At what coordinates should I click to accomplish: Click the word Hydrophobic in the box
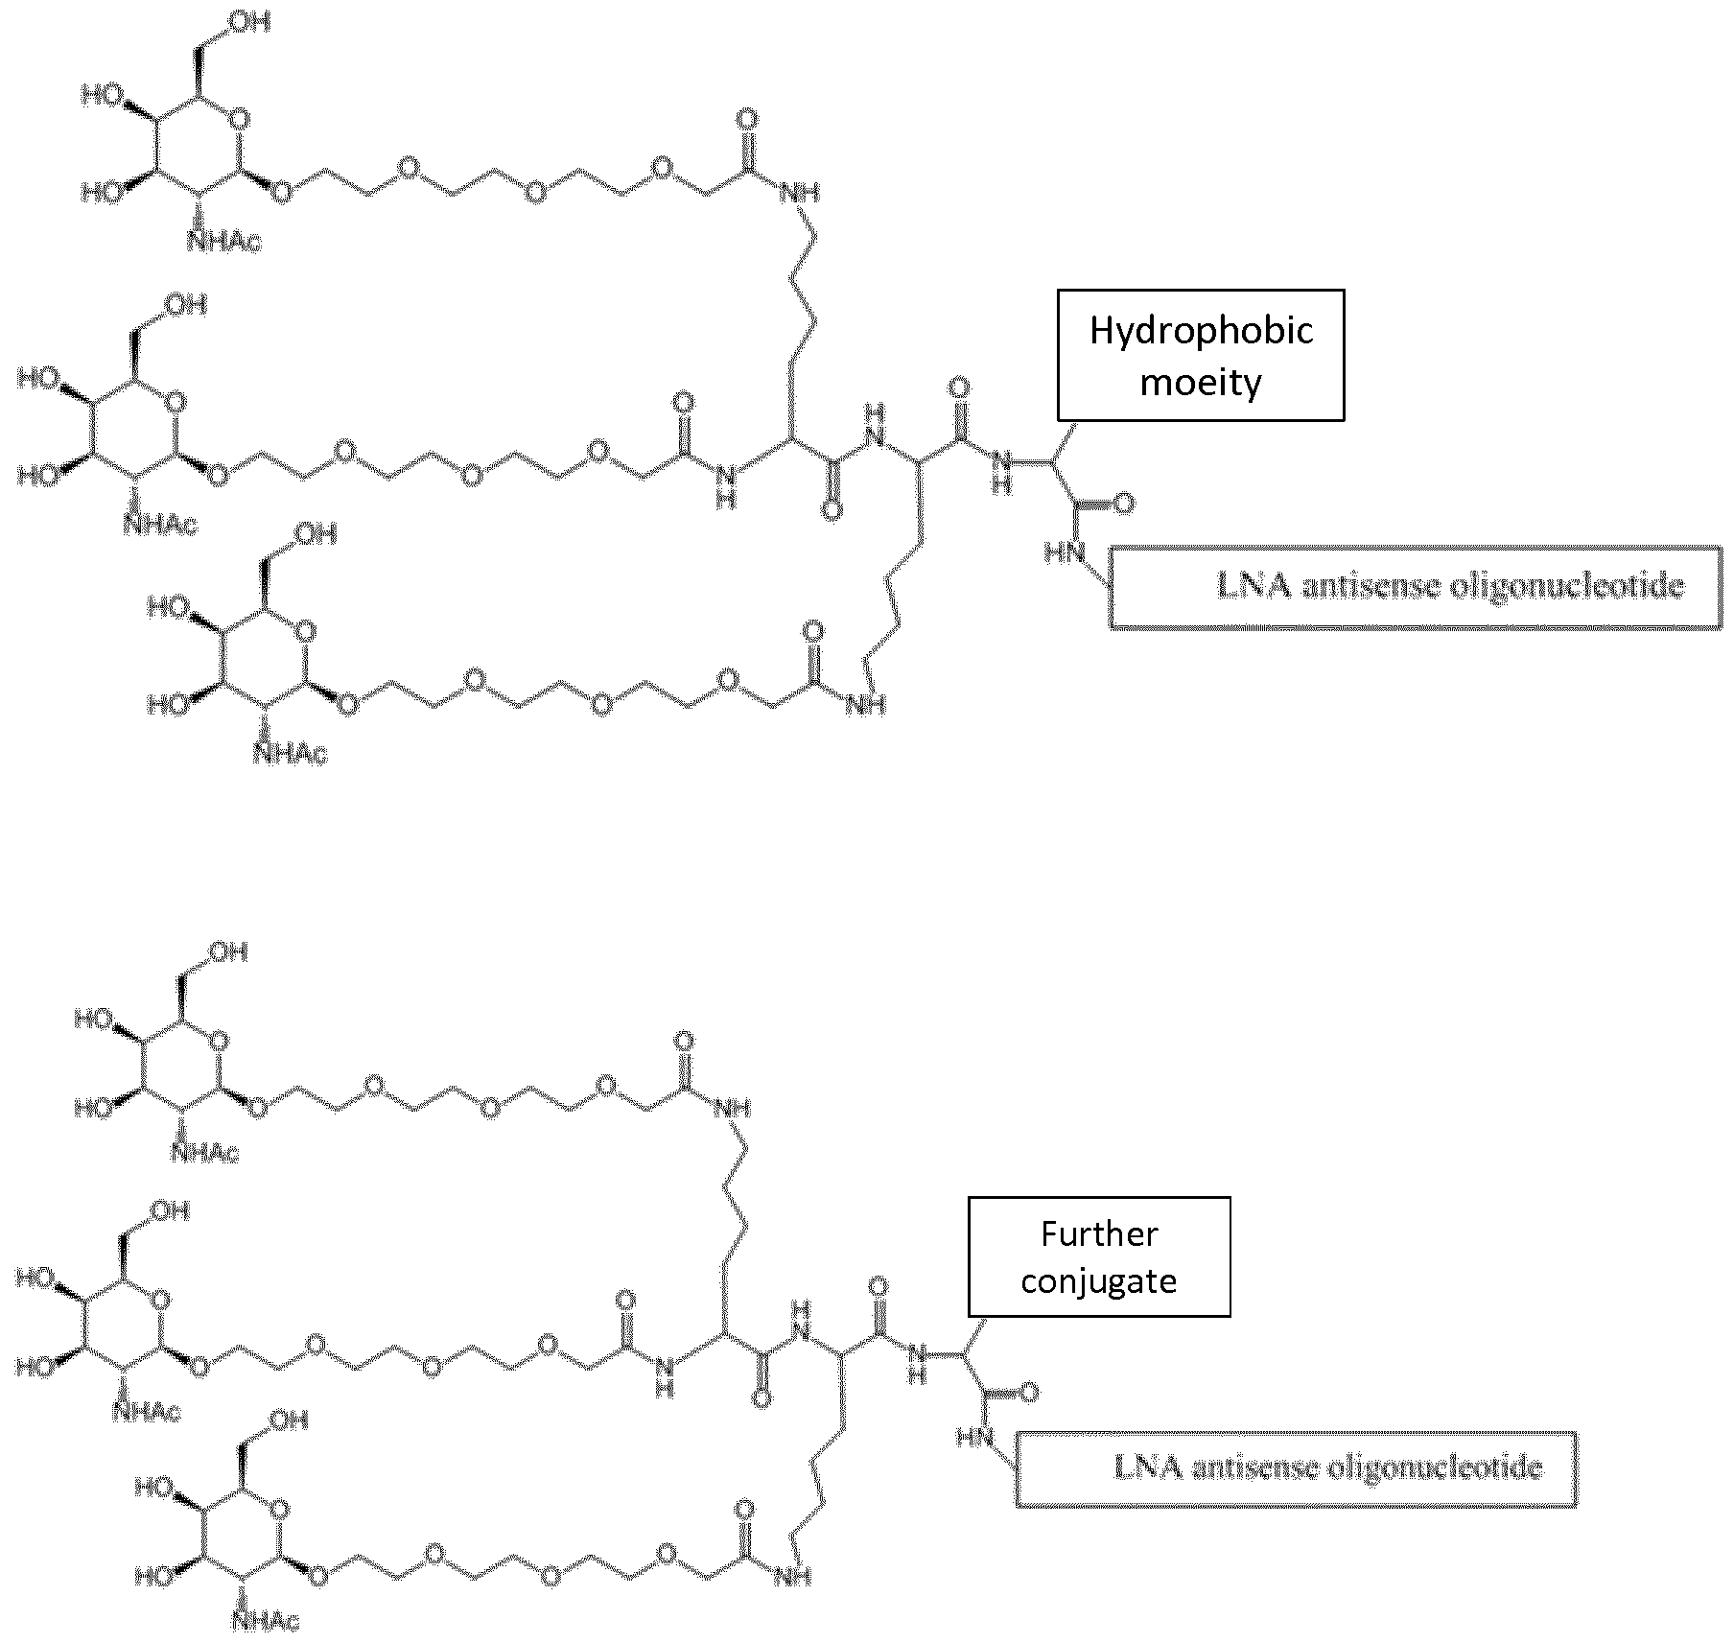(1201, 331)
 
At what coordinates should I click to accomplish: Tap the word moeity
(1201, 383)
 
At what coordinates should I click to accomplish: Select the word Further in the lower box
(1099, 1233)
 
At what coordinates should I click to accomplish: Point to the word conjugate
(1099, 1281)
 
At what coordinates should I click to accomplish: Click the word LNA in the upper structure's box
(1254, 586)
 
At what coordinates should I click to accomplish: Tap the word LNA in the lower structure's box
(1147, 1467)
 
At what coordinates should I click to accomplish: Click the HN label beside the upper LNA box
(1065, 553)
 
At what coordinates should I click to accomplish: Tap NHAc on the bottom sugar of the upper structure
(291, 755)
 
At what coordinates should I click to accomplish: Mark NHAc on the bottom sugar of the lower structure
(265, 1622)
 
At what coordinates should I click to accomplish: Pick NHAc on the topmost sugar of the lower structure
(204, 1152)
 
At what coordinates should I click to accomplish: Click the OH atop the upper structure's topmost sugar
(248, 22)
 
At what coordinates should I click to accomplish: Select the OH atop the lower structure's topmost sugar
(228, 951)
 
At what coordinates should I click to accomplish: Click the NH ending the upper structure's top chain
(801, 193)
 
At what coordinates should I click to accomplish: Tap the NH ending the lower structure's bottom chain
(792, 1575)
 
